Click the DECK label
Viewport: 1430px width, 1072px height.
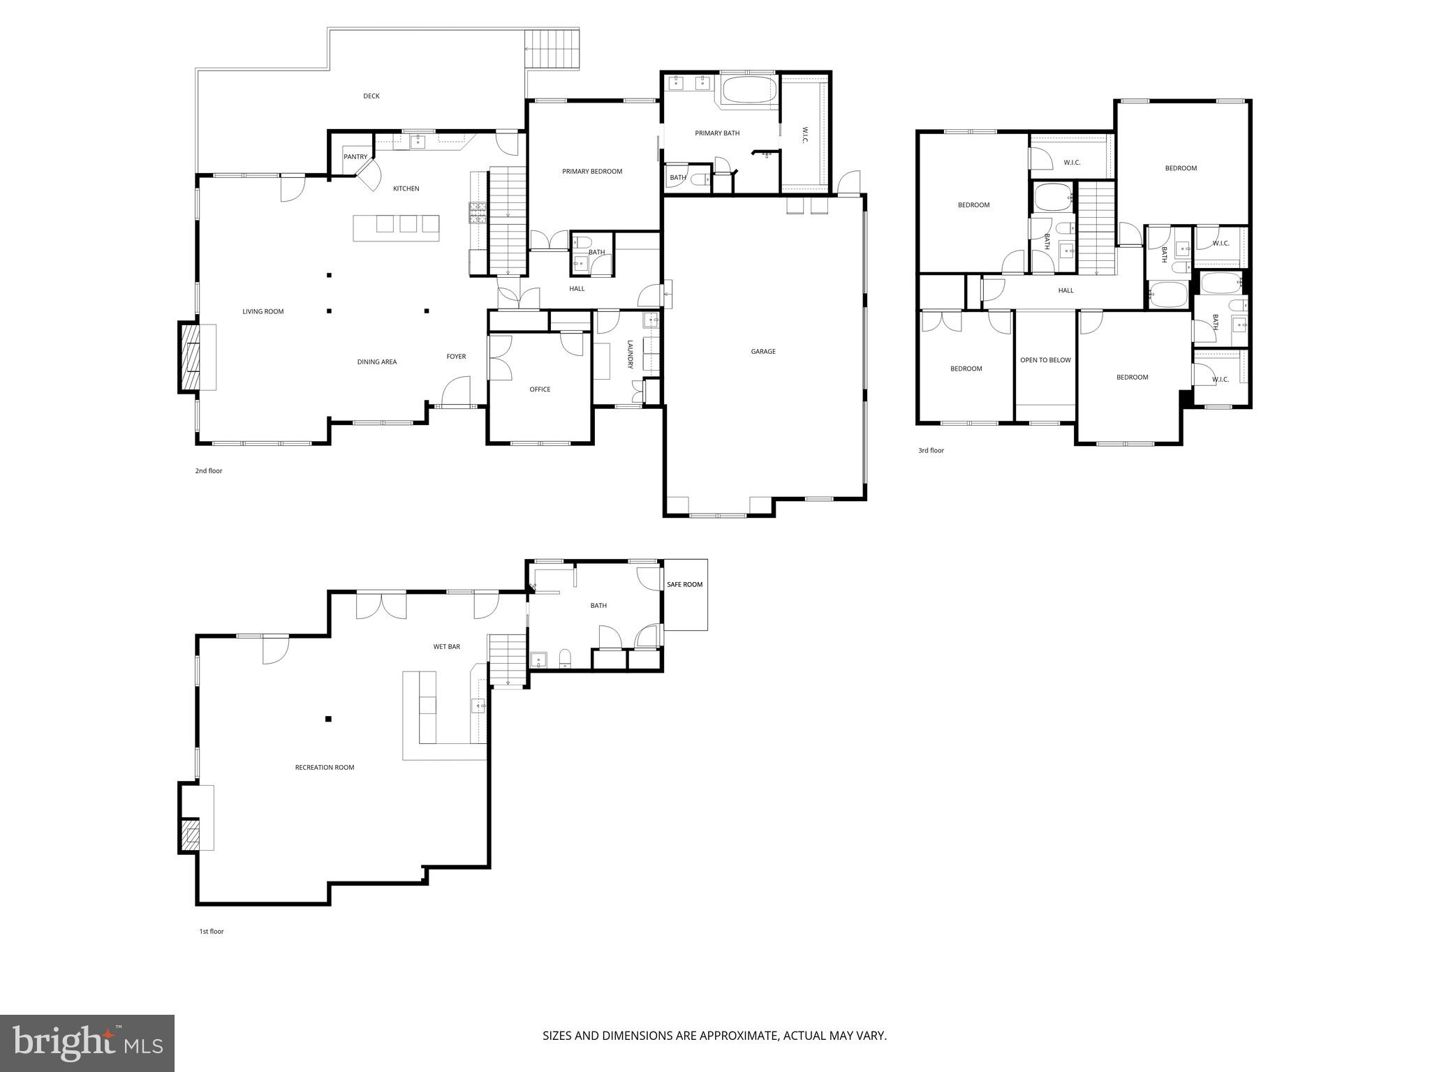coord(371,96)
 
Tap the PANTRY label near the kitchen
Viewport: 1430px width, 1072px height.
coord(355,157)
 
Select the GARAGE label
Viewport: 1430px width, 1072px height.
coord(763,352)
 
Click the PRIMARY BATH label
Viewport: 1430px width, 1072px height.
coord(717,133)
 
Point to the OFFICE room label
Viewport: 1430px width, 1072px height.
coord(540,389)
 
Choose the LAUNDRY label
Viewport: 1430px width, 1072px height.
coord(629,355)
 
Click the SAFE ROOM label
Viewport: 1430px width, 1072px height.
coord(684,584)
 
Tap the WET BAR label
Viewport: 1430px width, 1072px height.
coord(447,647)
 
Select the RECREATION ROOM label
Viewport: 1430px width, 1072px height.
coord(325,768)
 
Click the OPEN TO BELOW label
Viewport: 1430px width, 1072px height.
coord(1045,360)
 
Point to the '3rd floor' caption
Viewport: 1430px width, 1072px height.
coord(931,451)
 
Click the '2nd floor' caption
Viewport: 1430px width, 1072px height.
coord(209,471)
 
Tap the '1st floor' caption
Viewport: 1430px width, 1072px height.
coord(212,931)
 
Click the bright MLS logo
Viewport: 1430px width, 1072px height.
coord(87,1043)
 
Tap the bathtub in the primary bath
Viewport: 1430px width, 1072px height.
coord(749,91)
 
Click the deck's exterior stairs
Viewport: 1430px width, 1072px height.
coord(552,49)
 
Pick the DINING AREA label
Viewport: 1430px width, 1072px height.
coord(377,362)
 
